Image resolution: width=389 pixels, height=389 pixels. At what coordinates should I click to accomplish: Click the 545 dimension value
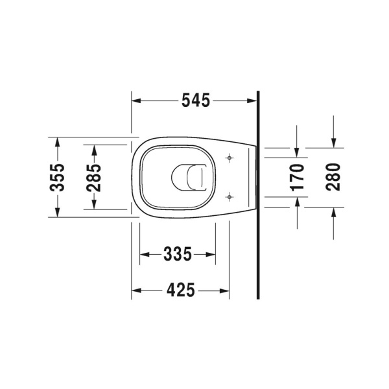click(196, 100)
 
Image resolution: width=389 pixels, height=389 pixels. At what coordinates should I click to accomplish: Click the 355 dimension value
click(58, 177)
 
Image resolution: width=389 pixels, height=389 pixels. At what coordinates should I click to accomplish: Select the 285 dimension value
click(94, 177)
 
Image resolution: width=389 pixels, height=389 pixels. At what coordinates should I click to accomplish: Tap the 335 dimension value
click(178, 254)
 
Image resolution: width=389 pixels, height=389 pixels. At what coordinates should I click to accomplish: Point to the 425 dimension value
click(180, 291)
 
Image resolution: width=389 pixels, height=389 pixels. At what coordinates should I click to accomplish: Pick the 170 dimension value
click(297, 177)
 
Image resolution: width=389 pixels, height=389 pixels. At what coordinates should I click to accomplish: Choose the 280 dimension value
click(333, 177)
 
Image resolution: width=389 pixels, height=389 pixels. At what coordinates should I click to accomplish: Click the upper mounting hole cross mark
click(230, 158)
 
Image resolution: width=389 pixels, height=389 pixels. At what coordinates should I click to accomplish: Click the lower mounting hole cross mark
click(230, 196)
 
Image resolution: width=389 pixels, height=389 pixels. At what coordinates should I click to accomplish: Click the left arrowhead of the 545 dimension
click(136, 100)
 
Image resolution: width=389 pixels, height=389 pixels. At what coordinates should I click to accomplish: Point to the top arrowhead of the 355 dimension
click(58, 141)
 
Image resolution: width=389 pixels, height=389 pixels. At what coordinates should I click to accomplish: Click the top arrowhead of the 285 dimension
click(94, 149)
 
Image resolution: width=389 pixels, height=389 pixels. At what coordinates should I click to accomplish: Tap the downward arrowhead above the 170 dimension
click(297, 153)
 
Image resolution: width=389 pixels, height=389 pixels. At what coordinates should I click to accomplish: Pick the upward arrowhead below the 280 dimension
click(333, 211)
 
